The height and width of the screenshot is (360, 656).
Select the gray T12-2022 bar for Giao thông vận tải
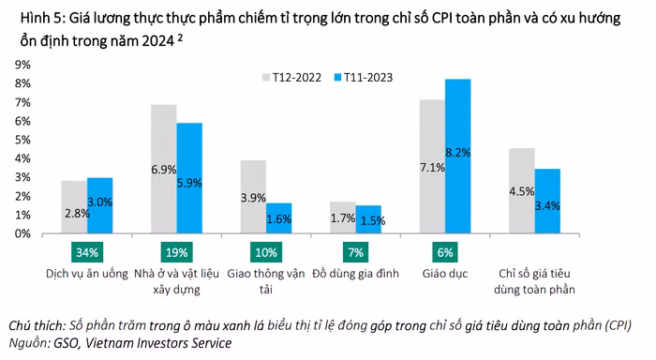pyautogui.click(x=253, y=196)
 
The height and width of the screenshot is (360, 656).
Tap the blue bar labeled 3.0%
pyautogui.click(x=99, y=205)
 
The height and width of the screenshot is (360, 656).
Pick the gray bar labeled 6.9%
pyautogui.click(x=164, y=169)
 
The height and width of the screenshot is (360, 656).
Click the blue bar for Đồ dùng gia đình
pyautogui.click(x=368, y=219)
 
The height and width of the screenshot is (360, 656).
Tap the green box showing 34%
pyautogui.click(x=86, y=253)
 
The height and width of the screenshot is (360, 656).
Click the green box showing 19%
pyautogui.click(x=176, y=253)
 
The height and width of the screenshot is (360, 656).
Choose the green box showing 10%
pyautogui.click(x=265, y=253)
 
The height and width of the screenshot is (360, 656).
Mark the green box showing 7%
pyautogui.click(x=355, y=253)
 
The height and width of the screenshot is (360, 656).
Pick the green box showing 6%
pyautogui.click(x=444, y=253)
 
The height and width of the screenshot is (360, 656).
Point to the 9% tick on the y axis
pyautogui.click(x=20, y=65)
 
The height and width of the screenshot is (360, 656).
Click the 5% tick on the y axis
pyautogui.click(x=20, y=140)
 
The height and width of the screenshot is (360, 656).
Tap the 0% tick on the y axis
pyautogui.click(x=20, y=233)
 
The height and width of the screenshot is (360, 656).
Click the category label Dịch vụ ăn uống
pyautogui.click(x=86, y=273)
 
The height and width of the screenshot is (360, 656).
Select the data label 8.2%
pyautogui.click(x=457, y=152)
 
